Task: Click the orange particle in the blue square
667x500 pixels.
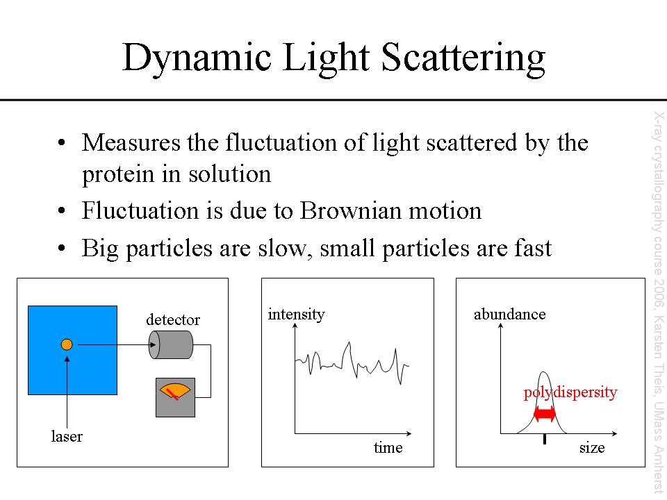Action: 67,344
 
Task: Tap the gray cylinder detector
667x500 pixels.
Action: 171,344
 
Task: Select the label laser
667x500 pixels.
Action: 67,437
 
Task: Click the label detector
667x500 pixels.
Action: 173,319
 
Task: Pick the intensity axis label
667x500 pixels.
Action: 296,315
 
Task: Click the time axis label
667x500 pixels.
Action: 388,448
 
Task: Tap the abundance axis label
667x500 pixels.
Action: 509,315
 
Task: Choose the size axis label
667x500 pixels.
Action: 592,448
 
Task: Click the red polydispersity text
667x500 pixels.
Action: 570,392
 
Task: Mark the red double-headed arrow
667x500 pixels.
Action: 545,414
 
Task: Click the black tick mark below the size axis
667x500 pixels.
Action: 545,439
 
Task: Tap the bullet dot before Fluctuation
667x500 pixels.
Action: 62,210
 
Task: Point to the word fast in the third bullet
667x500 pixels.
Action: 533,249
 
